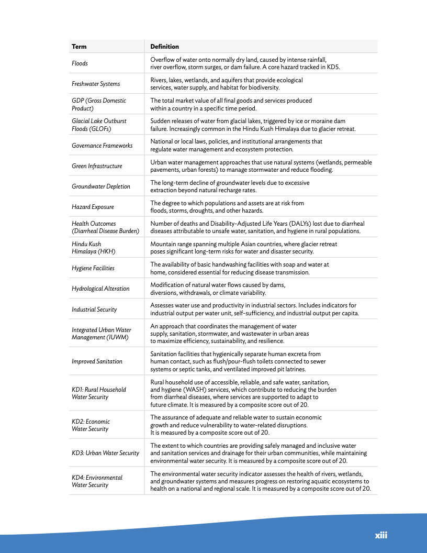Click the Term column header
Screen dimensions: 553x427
point(79,47)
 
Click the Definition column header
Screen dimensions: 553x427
point(164,47)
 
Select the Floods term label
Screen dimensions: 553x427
point(80,63)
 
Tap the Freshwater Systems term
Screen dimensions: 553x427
point(96,84)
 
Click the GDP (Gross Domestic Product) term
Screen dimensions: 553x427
point(99,104)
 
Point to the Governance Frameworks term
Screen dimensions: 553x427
point(102,146)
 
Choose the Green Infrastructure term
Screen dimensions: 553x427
point(97,166)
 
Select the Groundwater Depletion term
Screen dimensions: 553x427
point(101,186)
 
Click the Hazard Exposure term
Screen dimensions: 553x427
point(93,207)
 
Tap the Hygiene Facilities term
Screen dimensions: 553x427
point(93,268)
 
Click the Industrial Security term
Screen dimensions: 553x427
point(94,309)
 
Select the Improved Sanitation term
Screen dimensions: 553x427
point(97,361)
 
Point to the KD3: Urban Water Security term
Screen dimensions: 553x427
point(105,453)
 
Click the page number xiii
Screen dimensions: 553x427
point(381,535)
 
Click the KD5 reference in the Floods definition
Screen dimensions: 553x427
point(333,67)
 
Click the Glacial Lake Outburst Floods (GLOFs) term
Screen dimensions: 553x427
point(99,125)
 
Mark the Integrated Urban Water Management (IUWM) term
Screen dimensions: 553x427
point(102,334)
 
